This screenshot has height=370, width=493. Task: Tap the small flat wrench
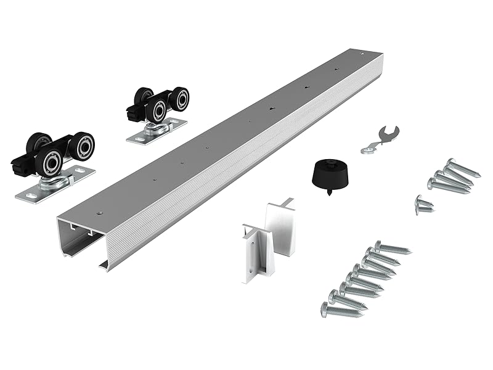[379, 139]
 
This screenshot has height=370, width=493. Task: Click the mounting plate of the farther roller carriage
[157, 131]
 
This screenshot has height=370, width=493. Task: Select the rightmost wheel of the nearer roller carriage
[81, 146]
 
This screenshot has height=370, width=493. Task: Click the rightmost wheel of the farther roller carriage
[180, 99]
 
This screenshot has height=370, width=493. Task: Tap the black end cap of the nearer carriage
[18, 165]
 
